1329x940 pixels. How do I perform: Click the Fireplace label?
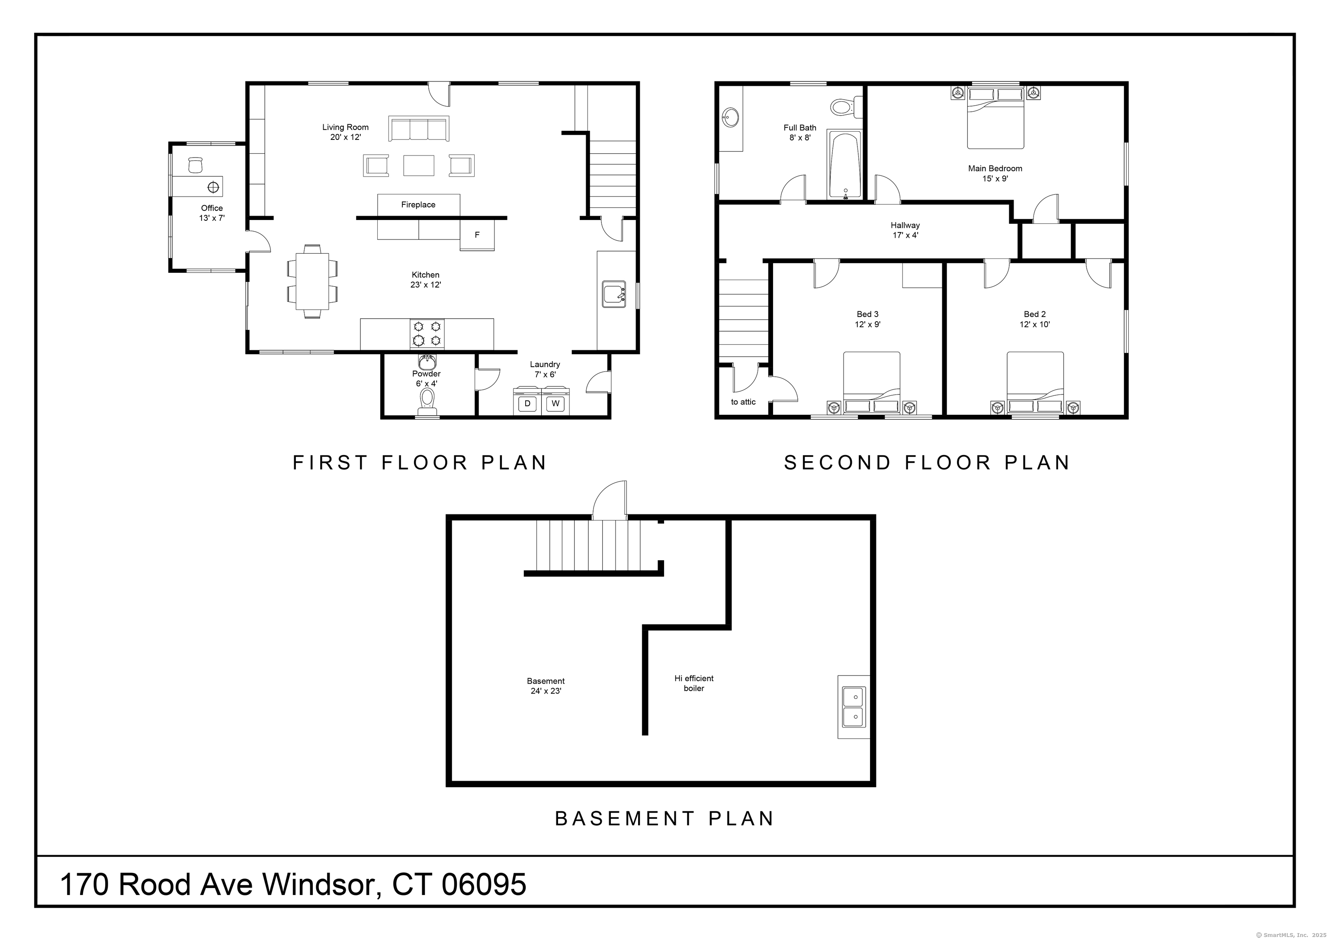pyautogui.click(x=418, y=204)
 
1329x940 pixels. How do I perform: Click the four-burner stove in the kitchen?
pyautogui.click(x=427, y=334)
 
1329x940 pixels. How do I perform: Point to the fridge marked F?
pyautogui.click(x=477, y=235)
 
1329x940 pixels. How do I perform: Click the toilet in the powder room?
pyautogui.click(x=427, y=400)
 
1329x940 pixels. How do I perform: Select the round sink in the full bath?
pyautogui.click(x=731, y=118)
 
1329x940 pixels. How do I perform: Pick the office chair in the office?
pyautogui.click(x=195, y=165)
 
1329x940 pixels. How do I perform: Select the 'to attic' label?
pyautogui.click(x=743, y=402)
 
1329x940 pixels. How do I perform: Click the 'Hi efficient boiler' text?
pyautogui.click(x=693, y=683)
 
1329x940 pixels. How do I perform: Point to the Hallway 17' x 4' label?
pyautogui.click(x=905, y=230)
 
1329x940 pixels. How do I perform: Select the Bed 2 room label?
pyautogui.click(x=1034, y=319)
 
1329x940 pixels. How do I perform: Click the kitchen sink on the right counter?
pyautogui.click(x=613, y=294)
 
